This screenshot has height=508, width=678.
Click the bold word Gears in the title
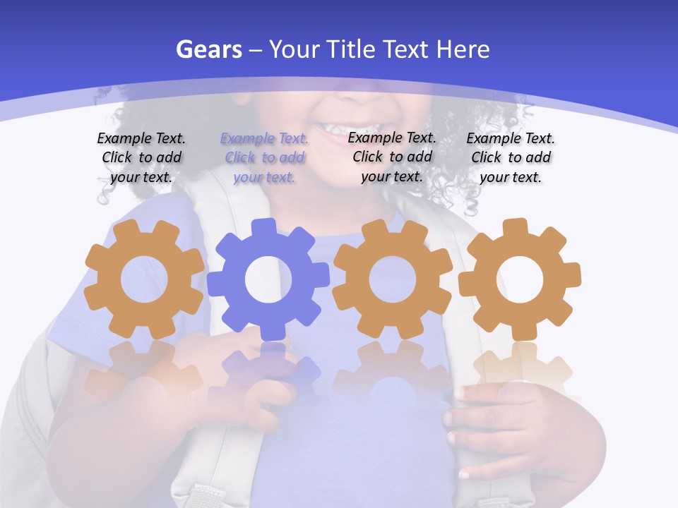click(209, 49)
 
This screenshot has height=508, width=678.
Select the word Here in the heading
click(463, 49)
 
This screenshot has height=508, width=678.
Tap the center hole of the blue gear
click(268, 279)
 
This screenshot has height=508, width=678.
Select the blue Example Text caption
click(264, 157)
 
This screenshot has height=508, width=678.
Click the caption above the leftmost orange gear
click(141, 157)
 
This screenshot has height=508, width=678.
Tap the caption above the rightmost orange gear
click(511, 157)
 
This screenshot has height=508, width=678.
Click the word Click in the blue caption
click(240, 157)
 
